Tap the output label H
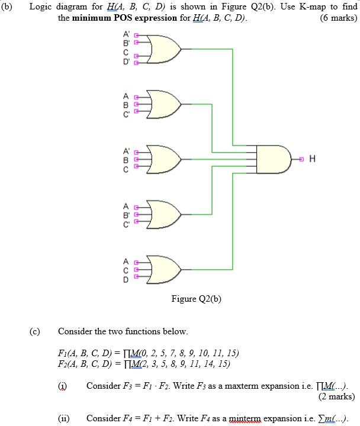tap(312, 159)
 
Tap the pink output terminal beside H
tap(302, 159)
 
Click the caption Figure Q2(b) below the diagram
tap(196, 299)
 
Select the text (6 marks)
tap(338, 18)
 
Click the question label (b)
tap(11, 7)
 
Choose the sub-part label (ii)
tap(63, 418)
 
